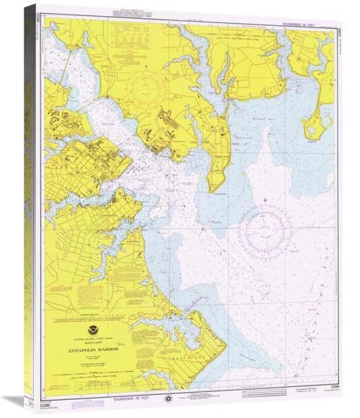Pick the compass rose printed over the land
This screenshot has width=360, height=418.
point(144,90)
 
